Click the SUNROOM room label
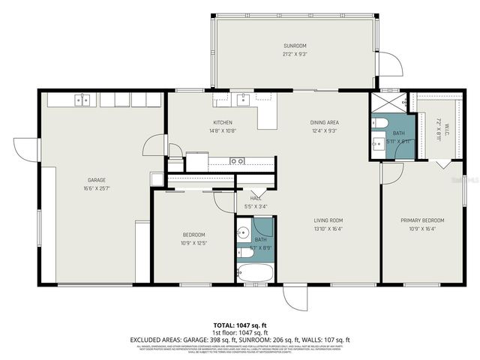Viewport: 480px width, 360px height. (x=295, y=46)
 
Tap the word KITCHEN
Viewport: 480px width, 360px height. (x=223, y=123)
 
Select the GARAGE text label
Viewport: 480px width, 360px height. (x=96, y=180)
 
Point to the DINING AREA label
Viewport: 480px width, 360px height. (x=324, y=123)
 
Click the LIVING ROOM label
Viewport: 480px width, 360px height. (x=328, y=220)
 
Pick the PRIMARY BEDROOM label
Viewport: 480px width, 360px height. (x=421, y=220)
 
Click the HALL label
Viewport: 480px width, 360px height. (x=256, y=199)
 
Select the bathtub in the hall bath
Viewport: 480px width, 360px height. (x=255, y=273)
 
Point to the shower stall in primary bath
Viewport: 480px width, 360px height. (x=387, y=103)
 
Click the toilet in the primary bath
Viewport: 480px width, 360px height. (x=379, y=124)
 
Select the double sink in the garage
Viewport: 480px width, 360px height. (x=82, y=100)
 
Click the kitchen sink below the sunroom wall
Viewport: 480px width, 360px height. (x=242, y=99)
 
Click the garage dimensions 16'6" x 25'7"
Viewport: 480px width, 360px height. (x=96, y=188)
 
